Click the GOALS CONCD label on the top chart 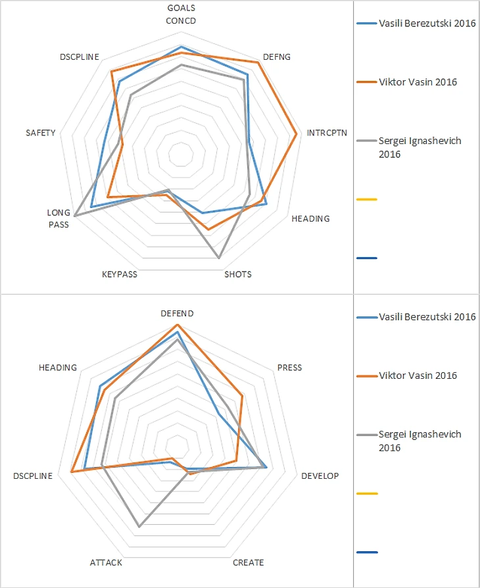[x=181, y=14]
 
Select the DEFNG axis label [x=276, y=57]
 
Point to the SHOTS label [x=238, y=274]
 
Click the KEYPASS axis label [x=120, y=274]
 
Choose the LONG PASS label [x=58, y=219]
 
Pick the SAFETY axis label [x=41, y=133]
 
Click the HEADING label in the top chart [x=310, y=218]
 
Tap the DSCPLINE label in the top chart [x=79, y=57]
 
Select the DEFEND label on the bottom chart [x=178, y=314]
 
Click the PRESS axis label [x=289, y=368]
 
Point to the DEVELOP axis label [x=320, y=476]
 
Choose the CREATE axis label [x=249, y=562]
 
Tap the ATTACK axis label [x=106, y=562]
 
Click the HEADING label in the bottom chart [x=58, y=368]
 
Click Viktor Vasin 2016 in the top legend [x=418, y=82]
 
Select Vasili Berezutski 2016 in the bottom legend [x=427, y=317]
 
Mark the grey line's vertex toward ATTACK [x=139, y=526]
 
